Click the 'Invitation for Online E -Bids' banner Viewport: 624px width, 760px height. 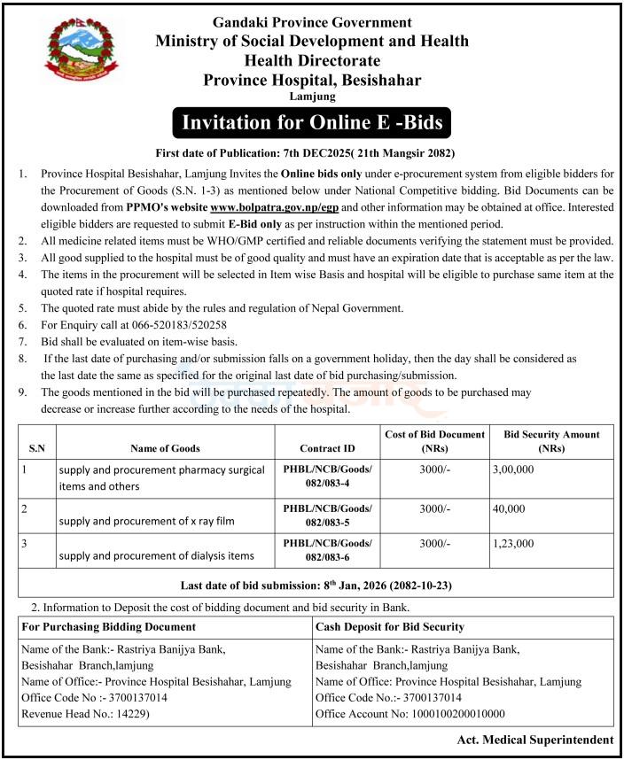[312, 120]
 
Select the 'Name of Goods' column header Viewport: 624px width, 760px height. [165, 448]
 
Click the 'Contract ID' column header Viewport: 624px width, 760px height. [327, 448]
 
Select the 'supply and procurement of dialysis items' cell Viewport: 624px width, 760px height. [157, 555]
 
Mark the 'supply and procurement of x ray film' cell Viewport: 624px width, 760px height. [147, 521]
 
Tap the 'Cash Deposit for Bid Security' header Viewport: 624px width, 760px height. [390, 626]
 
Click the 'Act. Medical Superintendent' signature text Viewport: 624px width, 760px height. [535, 740]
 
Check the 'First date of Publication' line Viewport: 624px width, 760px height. [311, 151]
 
